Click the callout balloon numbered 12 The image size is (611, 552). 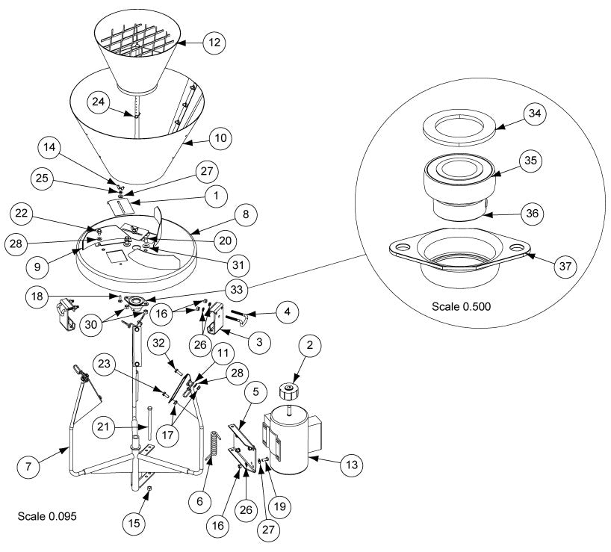[214, 43]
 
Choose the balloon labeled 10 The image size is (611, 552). [221, 138]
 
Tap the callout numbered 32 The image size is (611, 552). [159, 344]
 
